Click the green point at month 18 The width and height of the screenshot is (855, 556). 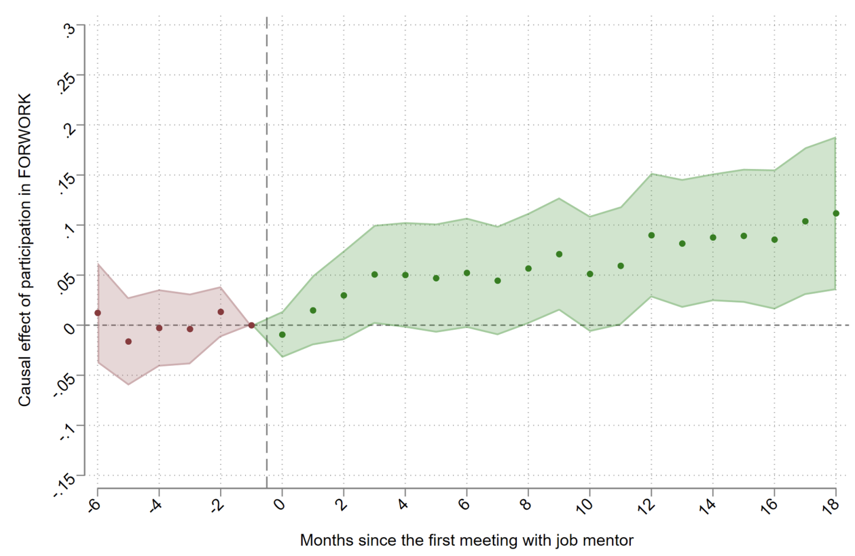[x=836, y=214]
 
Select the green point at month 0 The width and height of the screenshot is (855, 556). [x=282, y=334]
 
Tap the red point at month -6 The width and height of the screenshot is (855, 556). [x=97, y=313]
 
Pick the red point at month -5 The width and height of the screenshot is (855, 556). [x=128, y=342]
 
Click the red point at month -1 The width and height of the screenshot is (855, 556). [x=251, y=325]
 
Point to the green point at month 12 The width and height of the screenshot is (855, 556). [x=651, y=235]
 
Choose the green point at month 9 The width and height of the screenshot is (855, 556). [x=559, y=254]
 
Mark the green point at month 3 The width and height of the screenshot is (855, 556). [x=374, y=275]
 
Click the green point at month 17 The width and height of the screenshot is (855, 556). [x=805, y=222]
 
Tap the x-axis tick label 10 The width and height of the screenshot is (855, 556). [x=585, y=506]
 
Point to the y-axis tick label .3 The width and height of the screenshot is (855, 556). [x=69, y=29]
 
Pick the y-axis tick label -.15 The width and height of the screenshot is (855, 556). [x=65, y=486]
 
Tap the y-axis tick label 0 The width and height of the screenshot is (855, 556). [x=70, y=328]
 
